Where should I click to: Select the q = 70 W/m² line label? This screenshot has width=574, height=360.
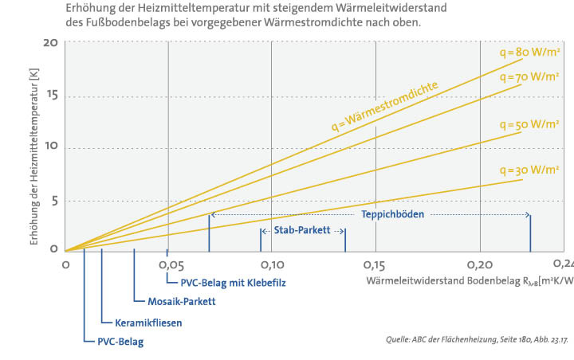[529, 77]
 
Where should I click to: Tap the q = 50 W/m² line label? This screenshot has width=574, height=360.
[529, 125]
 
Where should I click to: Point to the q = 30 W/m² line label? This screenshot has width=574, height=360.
[529, 170]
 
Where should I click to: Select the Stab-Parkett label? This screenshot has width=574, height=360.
[303, 230]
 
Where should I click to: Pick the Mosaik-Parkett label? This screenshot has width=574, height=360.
[182, 302]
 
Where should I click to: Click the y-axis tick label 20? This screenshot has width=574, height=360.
[50, 42]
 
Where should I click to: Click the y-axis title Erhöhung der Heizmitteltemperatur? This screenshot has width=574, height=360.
[33, 156]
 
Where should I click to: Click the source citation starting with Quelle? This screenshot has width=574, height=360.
[476, 340]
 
